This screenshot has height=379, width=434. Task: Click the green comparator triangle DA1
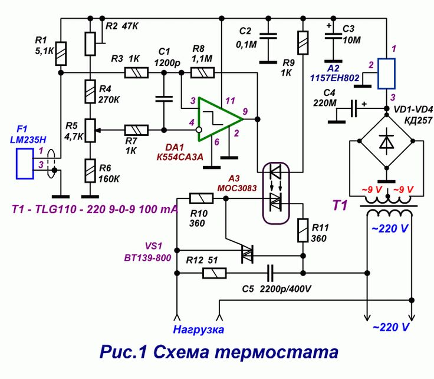pos(216,119)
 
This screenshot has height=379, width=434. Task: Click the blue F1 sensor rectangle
pos(24,163)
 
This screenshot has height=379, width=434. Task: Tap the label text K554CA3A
pos(179,158)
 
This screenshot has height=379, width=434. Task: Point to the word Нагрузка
pos(199,330)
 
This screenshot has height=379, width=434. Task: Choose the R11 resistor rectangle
pos(303,230)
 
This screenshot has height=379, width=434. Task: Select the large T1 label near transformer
pos(341,205)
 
